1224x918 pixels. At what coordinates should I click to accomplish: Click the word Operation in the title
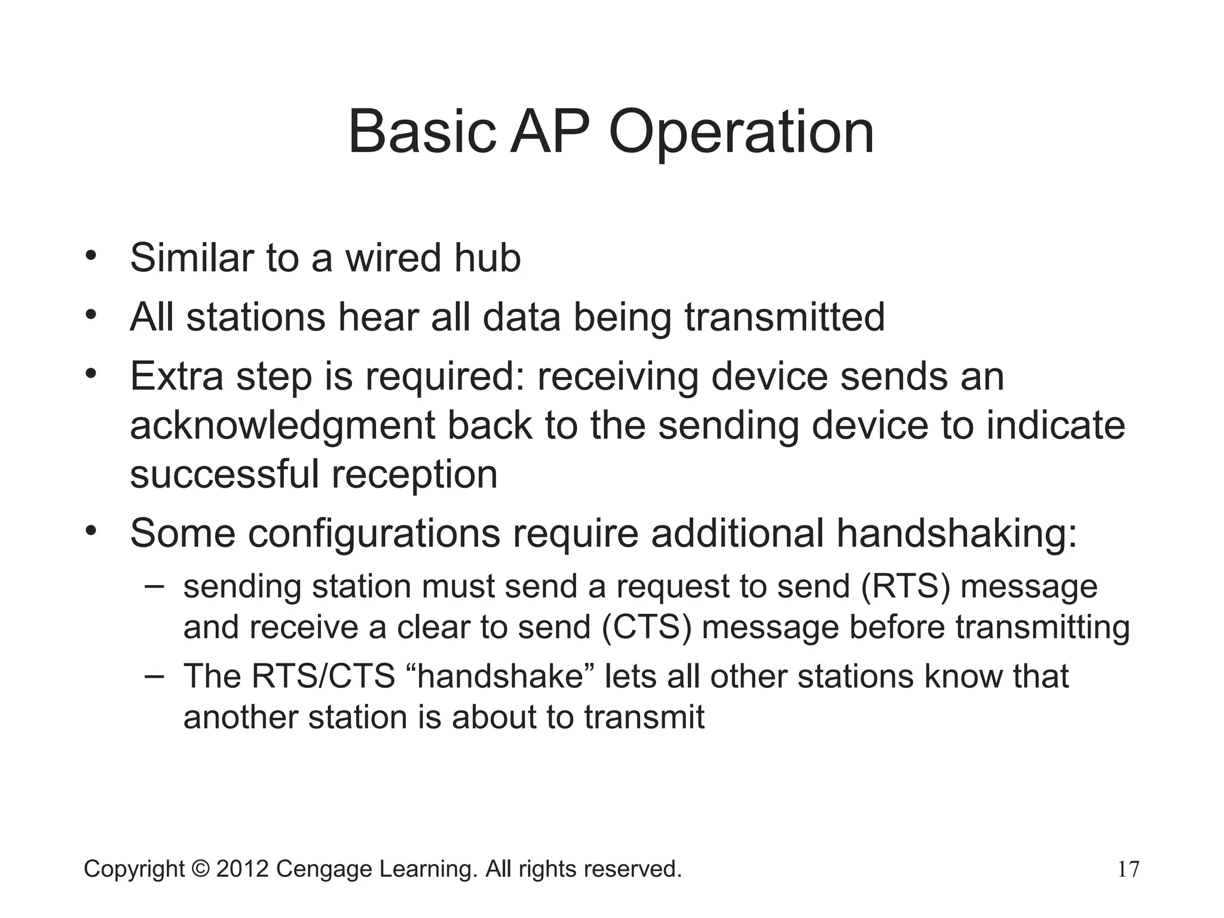741,133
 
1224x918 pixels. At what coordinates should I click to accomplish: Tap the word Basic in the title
422,133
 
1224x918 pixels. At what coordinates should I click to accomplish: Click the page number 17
1128,870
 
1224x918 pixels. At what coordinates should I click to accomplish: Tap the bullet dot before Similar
91,256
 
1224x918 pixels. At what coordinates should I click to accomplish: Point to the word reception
414,475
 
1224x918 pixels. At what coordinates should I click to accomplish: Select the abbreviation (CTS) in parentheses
647,628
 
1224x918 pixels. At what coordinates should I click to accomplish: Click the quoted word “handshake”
498,677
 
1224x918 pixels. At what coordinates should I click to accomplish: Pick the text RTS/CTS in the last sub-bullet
323,677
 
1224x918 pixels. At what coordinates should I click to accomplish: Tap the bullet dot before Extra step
91,375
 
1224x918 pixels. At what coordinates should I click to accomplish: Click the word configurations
375,533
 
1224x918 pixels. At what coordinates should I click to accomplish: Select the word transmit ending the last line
644,717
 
